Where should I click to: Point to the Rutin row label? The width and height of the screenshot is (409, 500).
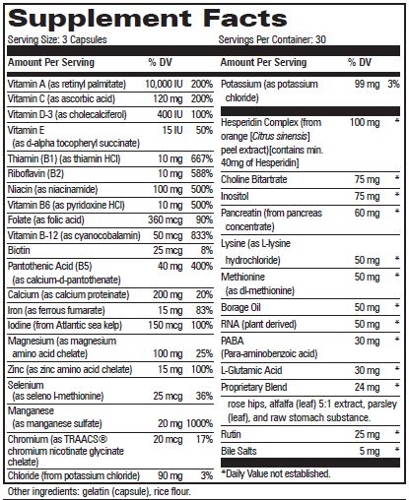[233, 434]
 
